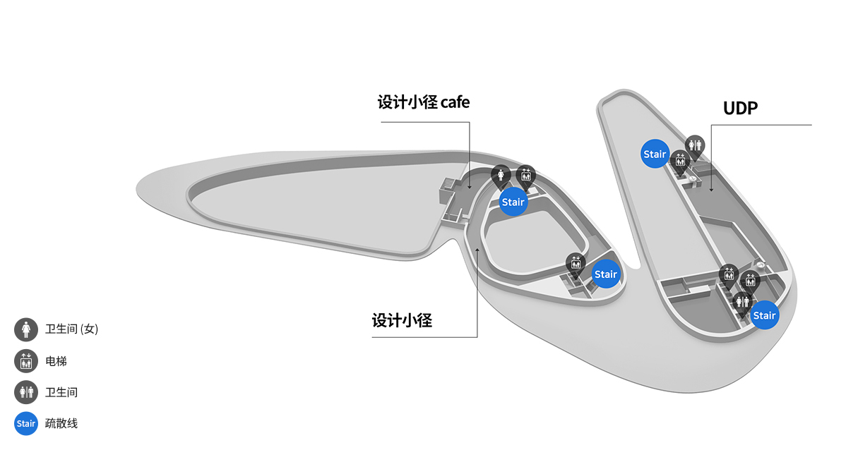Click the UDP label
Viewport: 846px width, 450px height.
point(740,109)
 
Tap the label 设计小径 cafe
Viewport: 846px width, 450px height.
point(423,102)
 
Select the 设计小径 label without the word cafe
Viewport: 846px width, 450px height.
point(401,321)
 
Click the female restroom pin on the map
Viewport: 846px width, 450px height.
point(501,176)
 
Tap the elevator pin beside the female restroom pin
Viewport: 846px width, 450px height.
point(525,176)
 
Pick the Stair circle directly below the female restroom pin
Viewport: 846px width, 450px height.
point(513,202)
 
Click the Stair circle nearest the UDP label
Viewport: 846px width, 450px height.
point(655,154)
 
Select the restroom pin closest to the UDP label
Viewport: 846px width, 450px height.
point(695,147)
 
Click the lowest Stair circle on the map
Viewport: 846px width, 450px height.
point(765,315)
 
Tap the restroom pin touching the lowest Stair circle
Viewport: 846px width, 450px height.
point(742,303)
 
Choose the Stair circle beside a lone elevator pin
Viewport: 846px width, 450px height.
point(606,274)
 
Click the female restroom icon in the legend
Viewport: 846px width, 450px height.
point(26,329)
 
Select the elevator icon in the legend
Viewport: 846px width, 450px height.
point(26,361)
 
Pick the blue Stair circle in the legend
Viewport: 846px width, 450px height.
point(26,424)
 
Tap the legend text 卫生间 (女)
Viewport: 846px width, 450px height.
point(72,329)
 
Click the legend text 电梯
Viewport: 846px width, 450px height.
point(56,361)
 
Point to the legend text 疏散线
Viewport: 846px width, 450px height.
point(61,424)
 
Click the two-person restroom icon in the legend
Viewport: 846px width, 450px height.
point(26,392)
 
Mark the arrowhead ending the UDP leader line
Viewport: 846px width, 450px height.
point(711,190)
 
